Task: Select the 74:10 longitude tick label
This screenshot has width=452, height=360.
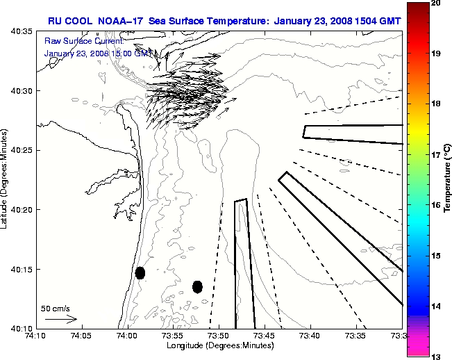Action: tap(35, 336)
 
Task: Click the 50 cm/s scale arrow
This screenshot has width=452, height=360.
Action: tap(61, 319)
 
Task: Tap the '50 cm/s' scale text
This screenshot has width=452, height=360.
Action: tap(56, 308)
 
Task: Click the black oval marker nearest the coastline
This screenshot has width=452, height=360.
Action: tap(140, 272)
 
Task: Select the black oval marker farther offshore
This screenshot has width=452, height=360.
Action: tap(197, 286)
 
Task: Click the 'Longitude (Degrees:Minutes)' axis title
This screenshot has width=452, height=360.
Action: tap(219, 345)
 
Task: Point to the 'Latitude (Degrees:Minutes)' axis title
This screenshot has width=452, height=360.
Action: tap(6, 179)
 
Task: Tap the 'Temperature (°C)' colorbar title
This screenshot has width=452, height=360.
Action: tap(447, 179)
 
